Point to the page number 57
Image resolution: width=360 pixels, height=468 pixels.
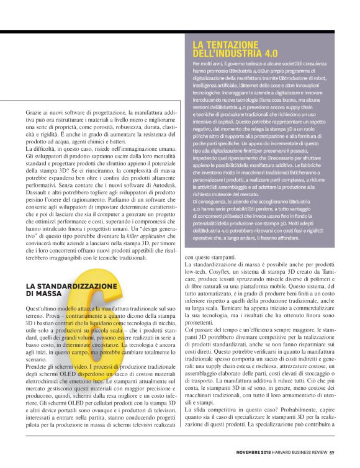pyautogui.click(x=332, y=452)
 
